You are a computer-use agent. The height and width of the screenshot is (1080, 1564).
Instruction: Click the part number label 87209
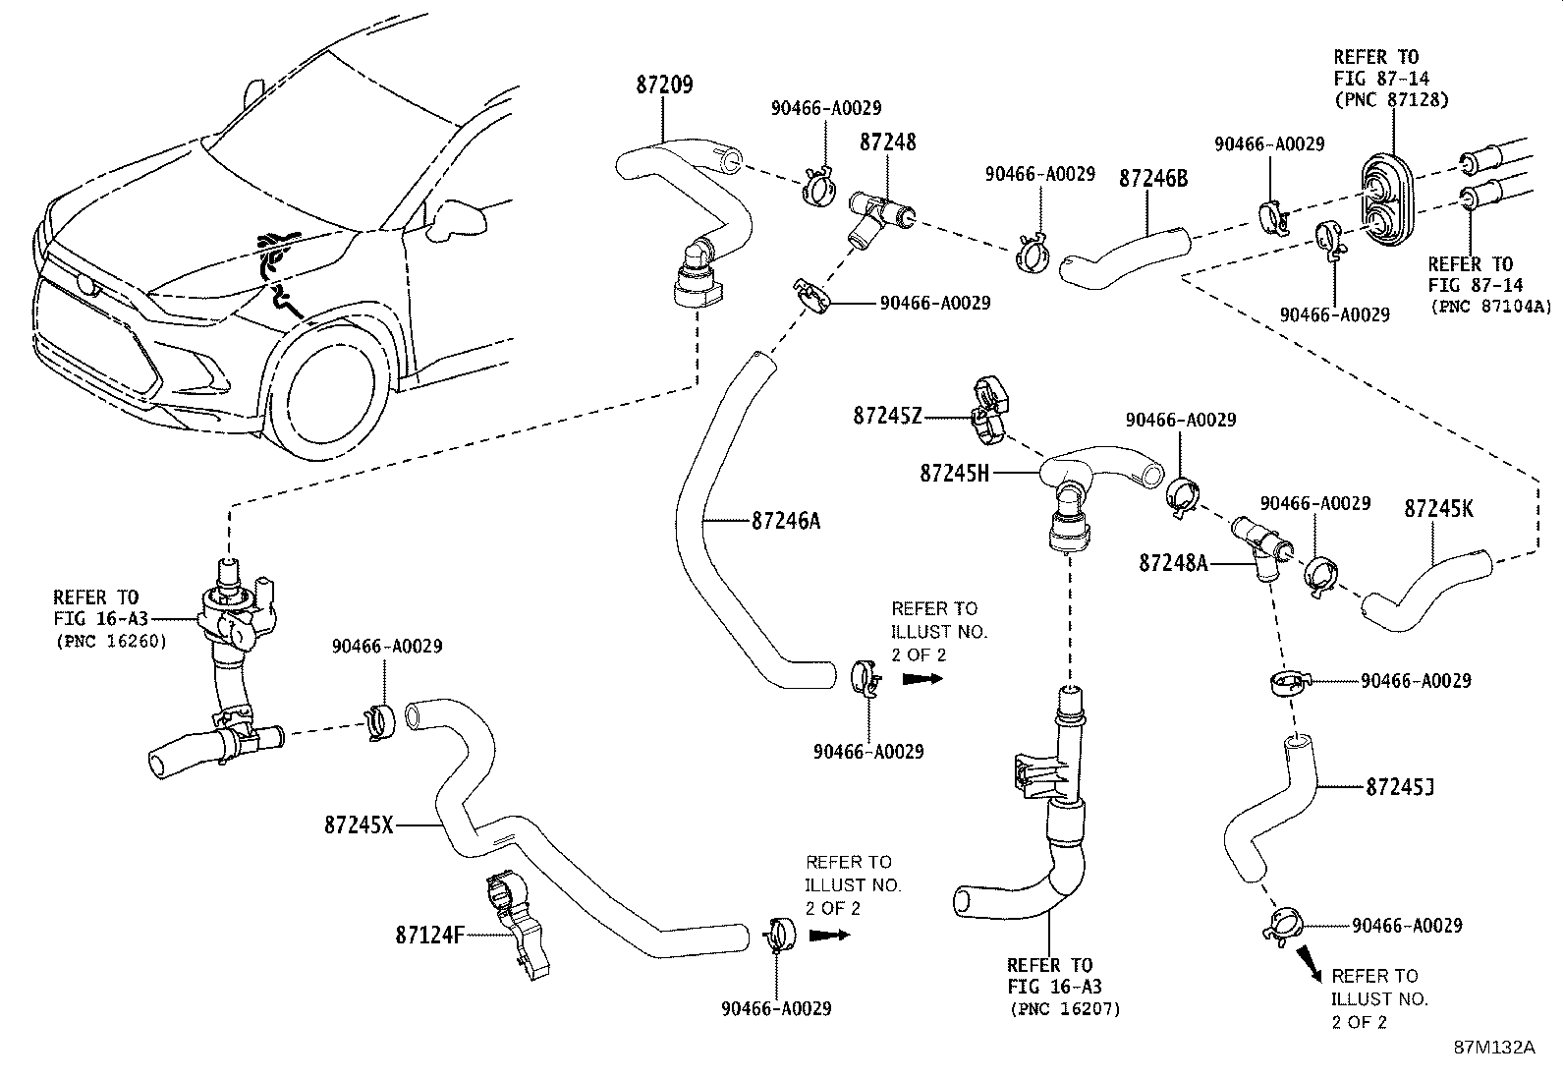tap(662, 85)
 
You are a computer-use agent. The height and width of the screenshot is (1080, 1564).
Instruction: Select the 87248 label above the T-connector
tap(887, 142)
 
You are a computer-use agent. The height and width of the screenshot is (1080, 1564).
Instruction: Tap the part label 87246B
tap(1153, 178)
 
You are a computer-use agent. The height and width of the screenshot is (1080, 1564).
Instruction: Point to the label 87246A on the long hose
tap(786, 521)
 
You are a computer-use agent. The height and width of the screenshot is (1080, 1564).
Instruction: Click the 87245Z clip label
tap(887, 417)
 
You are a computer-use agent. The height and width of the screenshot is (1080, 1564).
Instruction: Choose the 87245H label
tap(955, 473)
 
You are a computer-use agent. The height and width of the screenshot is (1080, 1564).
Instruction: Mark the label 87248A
tap(1174, 562)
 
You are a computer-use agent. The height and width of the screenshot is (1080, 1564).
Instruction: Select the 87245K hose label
tap(1438, 509)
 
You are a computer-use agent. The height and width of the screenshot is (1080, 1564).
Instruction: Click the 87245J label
tap(1400, 786)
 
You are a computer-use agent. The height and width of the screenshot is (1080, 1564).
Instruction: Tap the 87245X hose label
tap(359, 825)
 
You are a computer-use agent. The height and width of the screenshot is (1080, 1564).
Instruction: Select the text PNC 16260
tap(111, 642)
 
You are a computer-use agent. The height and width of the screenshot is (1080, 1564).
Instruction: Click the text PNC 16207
tap(1064, 1008)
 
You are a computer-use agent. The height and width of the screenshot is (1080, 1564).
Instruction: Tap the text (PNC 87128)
tap(1391, 99)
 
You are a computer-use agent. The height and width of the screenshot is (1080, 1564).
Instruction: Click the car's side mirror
tap(454, 219)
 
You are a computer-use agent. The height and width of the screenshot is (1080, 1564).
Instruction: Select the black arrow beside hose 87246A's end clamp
tap(923, 678)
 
